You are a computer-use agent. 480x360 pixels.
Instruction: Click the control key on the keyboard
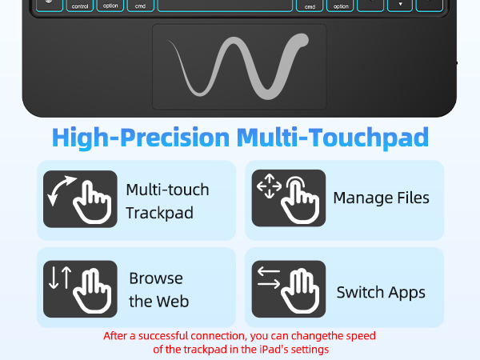click(80, 6)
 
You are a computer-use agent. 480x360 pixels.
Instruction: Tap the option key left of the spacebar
click(110, 6)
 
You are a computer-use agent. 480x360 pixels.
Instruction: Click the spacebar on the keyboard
click(225, 6)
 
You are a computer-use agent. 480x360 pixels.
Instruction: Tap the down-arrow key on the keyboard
click(400, 6)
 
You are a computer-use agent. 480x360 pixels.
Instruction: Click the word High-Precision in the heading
click(141, 138)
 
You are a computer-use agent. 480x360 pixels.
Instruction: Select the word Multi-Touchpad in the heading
click(333, 138)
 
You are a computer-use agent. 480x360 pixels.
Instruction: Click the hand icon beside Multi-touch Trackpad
click(92, 202)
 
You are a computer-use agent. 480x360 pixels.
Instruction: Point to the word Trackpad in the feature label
click(159, 213)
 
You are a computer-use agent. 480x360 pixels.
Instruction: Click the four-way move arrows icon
click(269, 186)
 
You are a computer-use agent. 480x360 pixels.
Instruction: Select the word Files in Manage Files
click(413, 198)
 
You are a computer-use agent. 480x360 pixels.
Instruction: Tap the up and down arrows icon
click(60, 278)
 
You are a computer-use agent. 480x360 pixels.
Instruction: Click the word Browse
click(156, 278)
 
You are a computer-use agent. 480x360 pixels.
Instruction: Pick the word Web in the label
click(174, 302)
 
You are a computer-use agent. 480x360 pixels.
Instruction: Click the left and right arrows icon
click(269, 278)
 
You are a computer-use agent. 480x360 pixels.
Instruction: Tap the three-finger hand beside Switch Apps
click(300, 291)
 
